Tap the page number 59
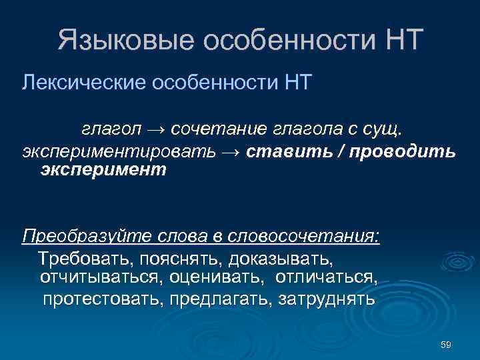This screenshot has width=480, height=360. coord(446,344)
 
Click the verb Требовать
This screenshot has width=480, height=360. coord(79,257)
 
